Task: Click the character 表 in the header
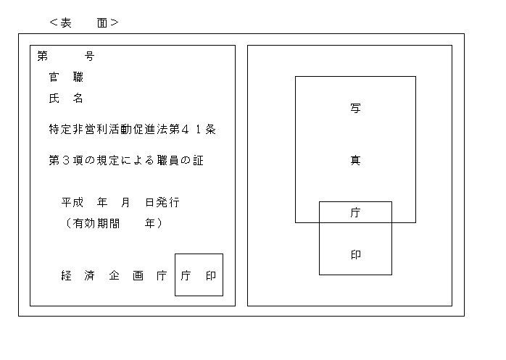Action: (x=66, y=23)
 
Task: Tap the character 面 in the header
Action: (x=102, y=23)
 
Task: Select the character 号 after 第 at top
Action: (x=90, y=56)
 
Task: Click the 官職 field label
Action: (x=66, y=77)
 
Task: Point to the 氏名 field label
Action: (x=66, y=98)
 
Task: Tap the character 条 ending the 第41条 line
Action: (x=210, y=130)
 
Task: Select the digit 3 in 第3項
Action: (x=66, y=160)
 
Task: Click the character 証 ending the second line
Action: (x=199, y=160)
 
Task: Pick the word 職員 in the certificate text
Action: (x=168, y=160)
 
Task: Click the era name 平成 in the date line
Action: (x=72, y=202)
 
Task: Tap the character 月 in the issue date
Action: (x=126, y=202)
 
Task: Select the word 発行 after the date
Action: (x=168, y=202)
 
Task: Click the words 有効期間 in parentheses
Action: (x=96, y=223)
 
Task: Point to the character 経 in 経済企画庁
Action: (x=66, y=275)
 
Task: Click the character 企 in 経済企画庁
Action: (x=114, y=275)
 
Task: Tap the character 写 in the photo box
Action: (x=355, y=108)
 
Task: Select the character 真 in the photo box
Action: (x=355, y=160)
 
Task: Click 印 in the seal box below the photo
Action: (x=355, y=255)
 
